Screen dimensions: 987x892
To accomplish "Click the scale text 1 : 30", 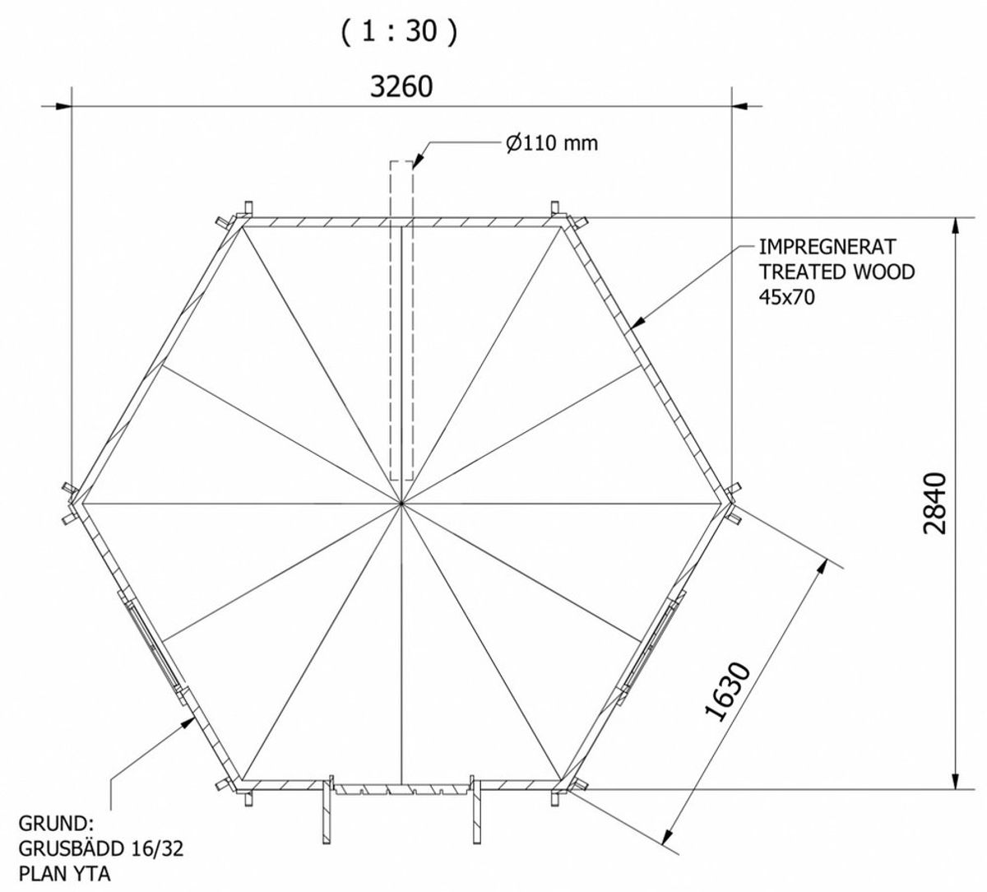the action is click(399, 31).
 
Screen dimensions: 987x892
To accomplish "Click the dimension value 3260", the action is click(401, 86).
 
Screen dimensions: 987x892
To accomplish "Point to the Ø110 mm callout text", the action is click(552, 143).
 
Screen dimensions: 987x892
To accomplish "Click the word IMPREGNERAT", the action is click(827, 247).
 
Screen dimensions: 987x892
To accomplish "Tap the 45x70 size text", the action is click(787, 297).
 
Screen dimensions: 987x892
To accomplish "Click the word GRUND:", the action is click(56, 823).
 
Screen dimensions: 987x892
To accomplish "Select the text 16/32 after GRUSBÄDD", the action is click(157, 848).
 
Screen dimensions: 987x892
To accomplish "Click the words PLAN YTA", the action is click(64, 874).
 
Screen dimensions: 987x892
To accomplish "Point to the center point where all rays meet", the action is click(401, 503).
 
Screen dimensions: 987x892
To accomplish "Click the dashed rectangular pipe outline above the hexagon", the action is click(401, 320).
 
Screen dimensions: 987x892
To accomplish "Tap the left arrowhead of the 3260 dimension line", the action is click(64, 106).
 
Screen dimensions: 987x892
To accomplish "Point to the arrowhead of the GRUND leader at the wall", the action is click(187, 722).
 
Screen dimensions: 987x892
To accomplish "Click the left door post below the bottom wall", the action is click(327, 818).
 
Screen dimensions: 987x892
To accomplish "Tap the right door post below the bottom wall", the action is click(475, 818).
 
